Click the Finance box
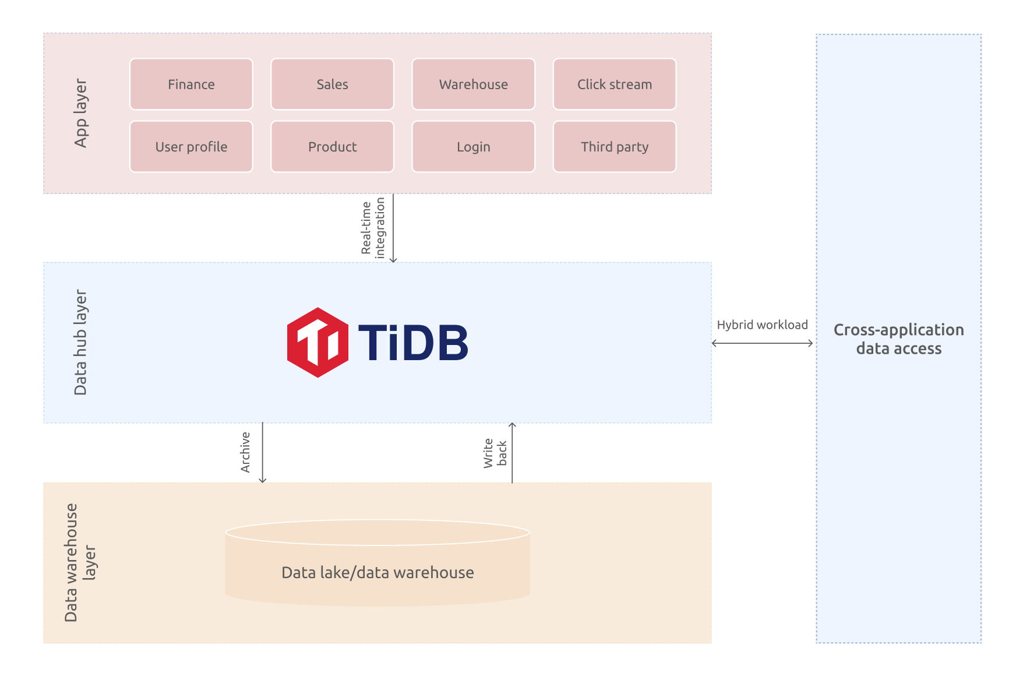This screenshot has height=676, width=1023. point(191,84)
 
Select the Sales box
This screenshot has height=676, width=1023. point(332,84)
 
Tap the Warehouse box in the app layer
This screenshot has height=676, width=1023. point(473,84)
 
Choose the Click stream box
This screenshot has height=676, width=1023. point(615,84)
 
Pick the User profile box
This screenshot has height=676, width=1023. point(191,146)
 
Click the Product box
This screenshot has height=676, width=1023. point(332,146)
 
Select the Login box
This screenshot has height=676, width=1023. point(473,146)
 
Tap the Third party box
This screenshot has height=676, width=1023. point(615,146)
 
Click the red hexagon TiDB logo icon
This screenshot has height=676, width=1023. point(318,343)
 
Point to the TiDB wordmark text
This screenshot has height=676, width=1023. point(413,343)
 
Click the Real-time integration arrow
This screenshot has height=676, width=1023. point(393,228)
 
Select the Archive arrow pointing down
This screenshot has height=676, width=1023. point(263,452)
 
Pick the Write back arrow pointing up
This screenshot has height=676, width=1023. point(512,453)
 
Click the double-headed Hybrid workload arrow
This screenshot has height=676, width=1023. point(762,343)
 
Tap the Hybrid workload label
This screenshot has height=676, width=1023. point(762,325)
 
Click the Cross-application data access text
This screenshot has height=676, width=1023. point(898,339)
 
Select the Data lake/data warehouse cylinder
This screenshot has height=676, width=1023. point(378,563)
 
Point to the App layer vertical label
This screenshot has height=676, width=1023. point(81,113)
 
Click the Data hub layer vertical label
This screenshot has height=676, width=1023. point(80,343)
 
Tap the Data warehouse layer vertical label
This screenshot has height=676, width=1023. point(80,563)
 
